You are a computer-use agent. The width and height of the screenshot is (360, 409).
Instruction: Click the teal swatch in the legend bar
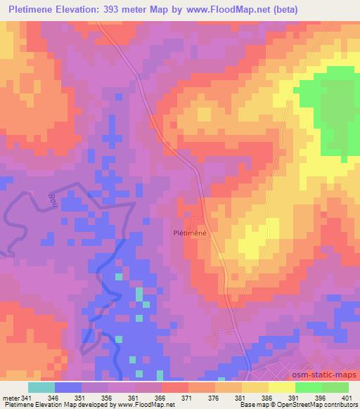coord(41,387)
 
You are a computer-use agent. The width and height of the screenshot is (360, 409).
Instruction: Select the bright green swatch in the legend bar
coord(308,387)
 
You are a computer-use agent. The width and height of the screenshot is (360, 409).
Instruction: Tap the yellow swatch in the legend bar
coord(281,387)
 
